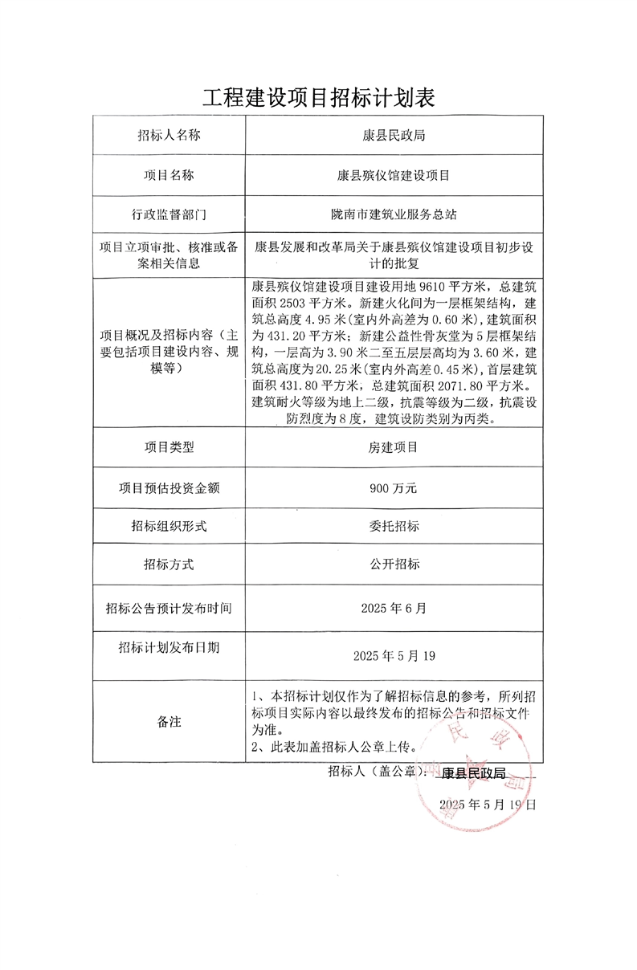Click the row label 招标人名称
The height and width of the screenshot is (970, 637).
(168, 135)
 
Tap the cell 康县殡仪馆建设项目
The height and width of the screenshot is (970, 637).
(394, 174)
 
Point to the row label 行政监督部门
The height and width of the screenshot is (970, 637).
(168, 214)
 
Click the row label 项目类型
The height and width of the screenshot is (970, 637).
(168, 447)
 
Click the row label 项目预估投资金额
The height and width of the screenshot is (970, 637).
(168, 487)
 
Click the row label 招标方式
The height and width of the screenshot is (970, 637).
(168, 564)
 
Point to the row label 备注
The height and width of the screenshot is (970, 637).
(168, 721)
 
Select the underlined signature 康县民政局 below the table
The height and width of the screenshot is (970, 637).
(474, 772)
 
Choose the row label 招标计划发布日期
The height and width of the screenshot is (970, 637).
(168, 647)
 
